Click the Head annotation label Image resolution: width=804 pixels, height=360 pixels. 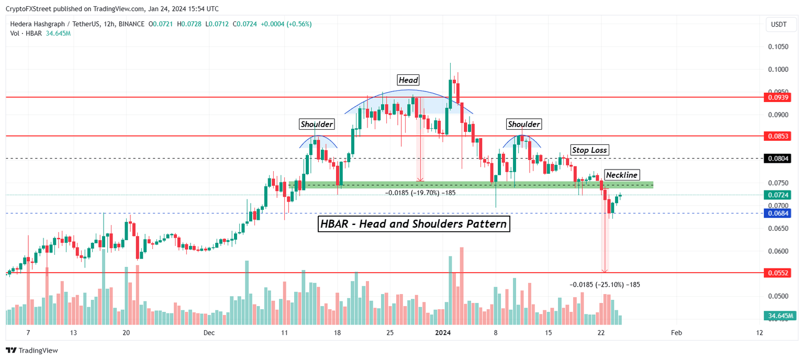(409, 80)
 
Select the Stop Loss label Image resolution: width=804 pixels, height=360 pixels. (589, 150)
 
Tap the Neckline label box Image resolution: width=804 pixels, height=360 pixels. (622, 175)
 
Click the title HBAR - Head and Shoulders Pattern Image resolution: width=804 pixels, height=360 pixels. (414, 224)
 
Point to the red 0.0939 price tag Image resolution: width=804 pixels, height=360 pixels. (778, 97)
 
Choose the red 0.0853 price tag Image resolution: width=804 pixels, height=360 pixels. (778, 136)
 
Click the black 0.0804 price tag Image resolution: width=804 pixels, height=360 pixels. (778, 158)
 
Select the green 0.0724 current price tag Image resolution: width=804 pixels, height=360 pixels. (778, 195)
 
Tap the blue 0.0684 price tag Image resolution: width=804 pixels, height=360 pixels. (778, 213)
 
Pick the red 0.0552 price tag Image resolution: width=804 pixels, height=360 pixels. (778, 273)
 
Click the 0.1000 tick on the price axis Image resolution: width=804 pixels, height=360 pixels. (778, 69)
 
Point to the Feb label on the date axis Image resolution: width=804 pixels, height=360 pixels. (676, 333)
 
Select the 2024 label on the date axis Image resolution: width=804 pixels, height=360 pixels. (443, 333)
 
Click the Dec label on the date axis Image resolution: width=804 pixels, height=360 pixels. (208, 333)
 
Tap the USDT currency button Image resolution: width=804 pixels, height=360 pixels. (779, 25)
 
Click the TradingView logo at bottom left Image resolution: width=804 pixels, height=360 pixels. (32, 351)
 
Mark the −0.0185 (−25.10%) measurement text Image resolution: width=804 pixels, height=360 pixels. (605, 285)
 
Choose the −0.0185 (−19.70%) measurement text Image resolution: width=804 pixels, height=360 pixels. (420, 193)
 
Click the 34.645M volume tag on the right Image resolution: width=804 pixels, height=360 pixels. (779, 316)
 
